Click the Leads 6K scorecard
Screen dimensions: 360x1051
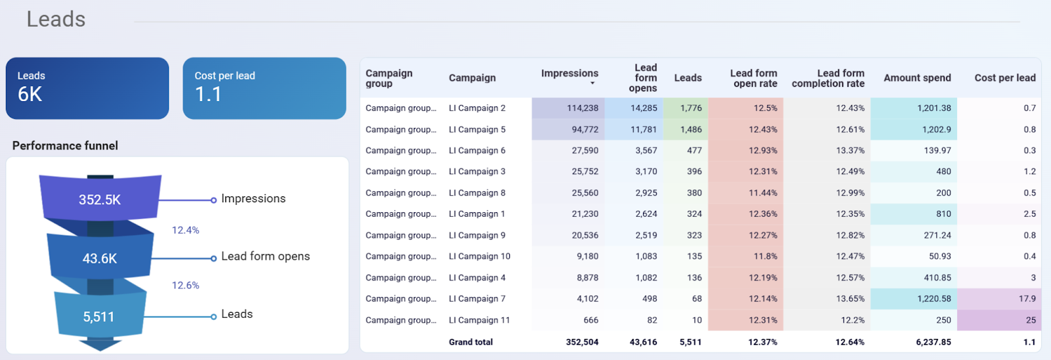tap(87, 88)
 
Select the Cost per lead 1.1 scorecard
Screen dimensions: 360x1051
tap(264, 88)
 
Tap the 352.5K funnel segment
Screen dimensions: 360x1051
tap(100, 199)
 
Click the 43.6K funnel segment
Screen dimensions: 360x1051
tap(100, 258)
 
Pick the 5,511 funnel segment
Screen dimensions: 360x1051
tap(99, 317)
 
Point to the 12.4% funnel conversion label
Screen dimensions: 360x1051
tap(185, 230)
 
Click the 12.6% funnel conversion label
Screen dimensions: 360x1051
tap(185, 285)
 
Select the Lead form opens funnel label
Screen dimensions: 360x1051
tap(265, 256)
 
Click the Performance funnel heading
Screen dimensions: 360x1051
tap(65, 145)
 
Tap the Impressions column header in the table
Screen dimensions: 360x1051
tap(570, 74)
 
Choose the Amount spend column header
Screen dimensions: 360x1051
tap(917, 78)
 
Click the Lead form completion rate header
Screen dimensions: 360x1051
tap(828, 78)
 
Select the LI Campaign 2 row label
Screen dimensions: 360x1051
tap(477, 108)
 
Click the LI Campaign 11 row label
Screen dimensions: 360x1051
tap(479, 320)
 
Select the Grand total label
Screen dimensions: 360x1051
tap(470, 342)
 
